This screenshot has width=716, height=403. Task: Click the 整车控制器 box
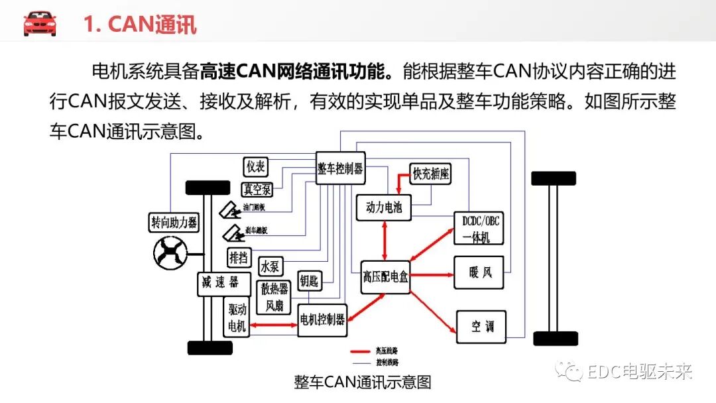pos(341,168)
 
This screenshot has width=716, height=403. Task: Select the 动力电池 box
pos(384,207)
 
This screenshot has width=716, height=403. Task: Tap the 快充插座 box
pos(431,174)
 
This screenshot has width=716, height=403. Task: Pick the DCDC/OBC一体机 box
pos(477,229)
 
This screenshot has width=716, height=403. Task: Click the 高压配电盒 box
pos(385,276)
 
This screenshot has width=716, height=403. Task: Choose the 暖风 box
pos(479,272)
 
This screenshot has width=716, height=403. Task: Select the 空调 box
pos(481,326)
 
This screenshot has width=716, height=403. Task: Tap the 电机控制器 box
pos(322,319)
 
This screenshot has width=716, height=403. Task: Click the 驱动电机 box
pos(236,318)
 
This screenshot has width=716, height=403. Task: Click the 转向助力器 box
pos(174,223)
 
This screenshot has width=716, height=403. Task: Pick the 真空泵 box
pos(257,189)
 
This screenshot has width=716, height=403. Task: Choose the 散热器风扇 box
pos(274,298)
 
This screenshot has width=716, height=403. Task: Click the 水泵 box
pos(270,266)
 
